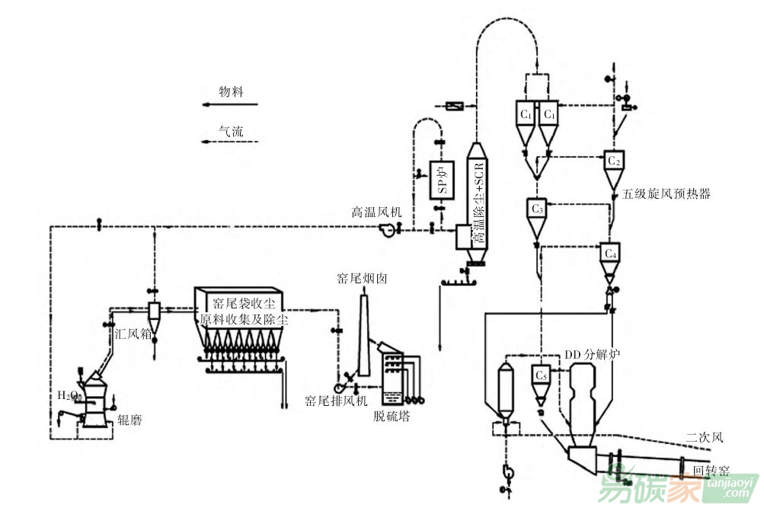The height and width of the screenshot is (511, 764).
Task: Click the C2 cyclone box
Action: tap(614, 160)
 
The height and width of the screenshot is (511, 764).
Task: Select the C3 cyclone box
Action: tap(537, 206)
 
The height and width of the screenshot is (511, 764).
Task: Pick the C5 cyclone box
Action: tap(541, 374)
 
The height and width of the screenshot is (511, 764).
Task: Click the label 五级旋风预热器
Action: tap(666, 193)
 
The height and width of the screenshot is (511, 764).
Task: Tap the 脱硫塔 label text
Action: tap(392, 416)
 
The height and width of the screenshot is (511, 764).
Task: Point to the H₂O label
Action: tap(68, 395)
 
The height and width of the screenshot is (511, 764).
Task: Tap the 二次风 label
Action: tap(703, 437)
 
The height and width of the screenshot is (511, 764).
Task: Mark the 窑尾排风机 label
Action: tap(336, 400)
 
